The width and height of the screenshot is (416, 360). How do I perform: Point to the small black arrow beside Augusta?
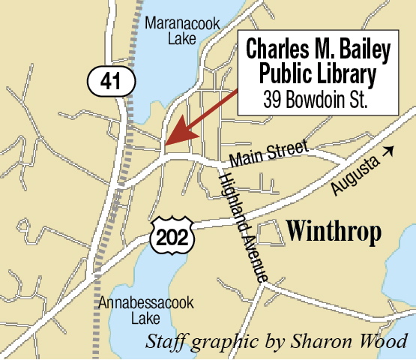[387, 151]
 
